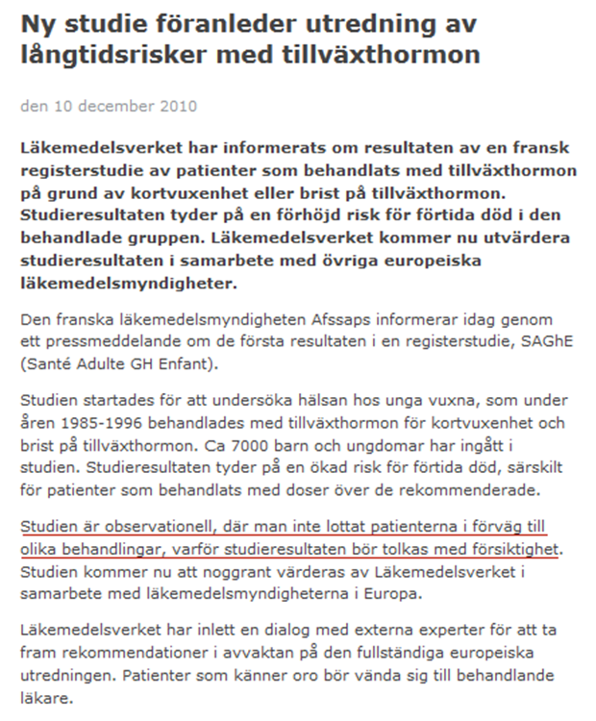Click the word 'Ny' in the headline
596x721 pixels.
coord(37,22)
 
